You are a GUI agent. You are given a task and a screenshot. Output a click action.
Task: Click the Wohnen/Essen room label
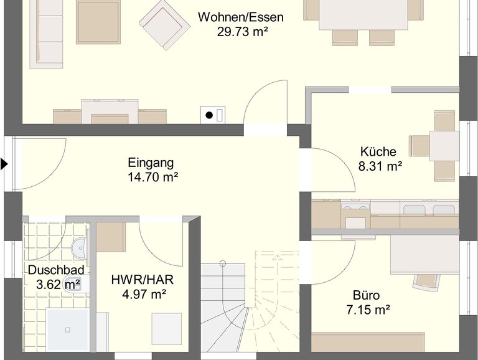pyautogui.click(x=240, y=17)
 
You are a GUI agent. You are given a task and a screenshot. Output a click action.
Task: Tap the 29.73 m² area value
pyautogui.click(x=242, y=32)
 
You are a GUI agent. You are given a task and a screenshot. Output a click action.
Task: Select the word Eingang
pyautogui.click(x=151, y=163)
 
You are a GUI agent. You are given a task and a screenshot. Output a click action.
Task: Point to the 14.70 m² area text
pyautogui.click(x=152, y=177)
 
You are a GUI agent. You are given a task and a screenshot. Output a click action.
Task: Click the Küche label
pyautogui.click(x=378, y=151)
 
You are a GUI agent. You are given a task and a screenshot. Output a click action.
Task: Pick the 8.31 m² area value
pyautogui.click(x=380, y=166)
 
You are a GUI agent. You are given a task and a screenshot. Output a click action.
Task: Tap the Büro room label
pyautogui.click(x=366, y=295)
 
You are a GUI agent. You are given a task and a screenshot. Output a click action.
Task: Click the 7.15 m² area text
pyautogui.click(x=368, y=310)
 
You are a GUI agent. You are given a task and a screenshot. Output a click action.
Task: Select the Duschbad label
pyautogui.click(x=56, y=270)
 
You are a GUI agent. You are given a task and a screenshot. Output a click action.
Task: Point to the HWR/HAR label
pyautogui.click(x=143, y=280)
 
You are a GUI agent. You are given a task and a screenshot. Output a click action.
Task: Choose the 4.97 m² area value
pyautogui.click(x=144, y=295)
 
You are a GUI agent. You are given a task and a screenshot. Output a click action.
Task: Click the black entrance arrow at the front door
pyautogui.click(x=4, y=164)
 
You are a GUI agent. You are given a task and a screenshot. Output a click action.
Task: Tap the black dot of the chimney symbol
pyautogui.click(x=209, y=115)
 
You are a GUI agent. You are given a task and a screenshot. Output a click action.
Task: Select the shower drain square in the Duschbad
pyautogui.click(x=68, y=330)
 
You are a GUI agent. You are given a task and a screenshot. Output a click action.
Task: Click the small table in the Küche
pyautogui.click(x=444, y=146)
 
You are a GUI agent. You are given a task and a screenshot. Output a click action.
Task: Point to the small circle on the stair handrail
pyautogui.click(x=223, y=263)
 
